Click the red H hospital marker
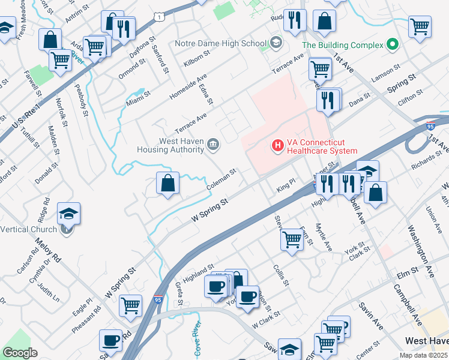pos(278,145)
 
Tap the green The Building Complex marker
pos(393,44)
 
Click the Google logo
pos(20,352)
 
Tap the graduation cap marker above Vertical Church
pos(69,213)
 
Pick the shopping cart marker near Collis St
pos(292,239)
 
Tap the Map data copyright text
pos(423,355)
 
